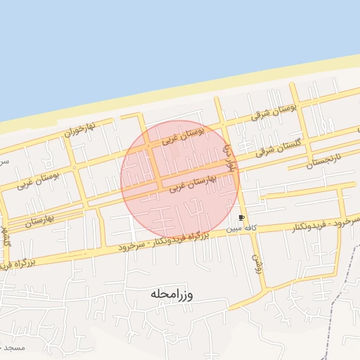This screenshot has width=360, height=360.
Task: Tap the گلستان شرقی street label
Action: (277, 146)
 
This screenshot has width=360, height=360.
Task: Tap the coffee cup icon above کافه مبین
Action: (243, 218)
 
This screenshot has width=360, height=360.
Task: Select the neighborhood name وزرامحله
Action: (171, 294)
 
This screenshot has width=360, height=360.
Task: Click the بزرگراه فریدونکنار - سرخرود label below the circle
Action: (171, 238)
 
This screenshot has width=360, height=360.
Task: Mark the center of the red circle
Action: (180, 180)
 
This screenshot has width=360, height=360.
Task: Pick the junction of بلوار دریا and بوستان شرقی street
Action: (221, 124)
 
